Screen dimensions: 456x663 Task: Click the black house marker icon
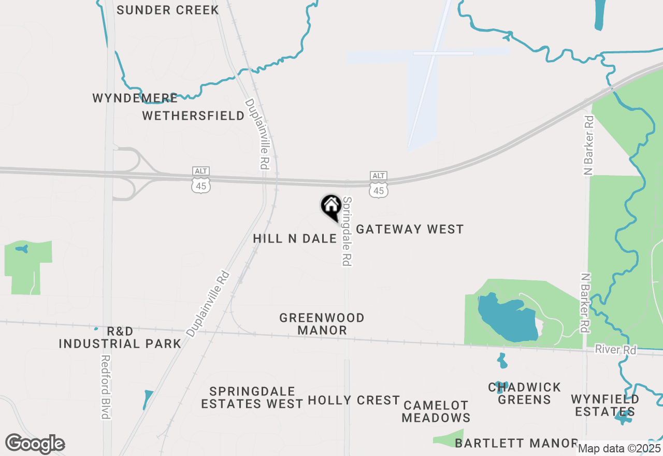(330, 207)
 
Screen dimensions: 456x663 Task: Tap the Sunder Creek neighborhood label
(168, 10)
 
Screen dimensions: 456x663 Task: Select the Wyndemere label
(135, 98)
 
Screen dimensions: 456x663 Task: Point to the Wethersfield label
(193, 116)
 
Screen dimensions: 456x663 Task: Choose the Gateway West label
(410, 229)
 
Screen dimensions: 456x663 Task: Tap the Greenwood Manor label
(322, 324)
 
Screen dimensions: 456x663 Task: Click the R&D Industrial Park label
(120, 337)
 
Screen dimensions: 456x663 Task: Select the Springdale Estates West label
(252, 397)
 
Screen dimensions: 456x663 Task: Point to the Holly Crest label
(354, 400)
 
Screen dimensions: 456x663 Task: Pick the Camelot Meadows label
(436, 411)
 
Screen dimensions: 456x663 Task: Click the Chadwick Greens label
(524, 393)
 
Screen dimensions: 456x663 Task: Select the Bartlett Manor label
(516, 443)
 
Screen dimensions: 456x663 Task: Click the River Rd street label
(615, 350)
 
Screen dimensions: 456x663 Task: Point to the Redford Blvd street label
(106, 387)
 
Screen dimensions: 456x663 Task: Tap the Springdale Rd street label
(347, 231)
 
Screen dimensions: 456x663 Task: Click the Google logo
(35, 444)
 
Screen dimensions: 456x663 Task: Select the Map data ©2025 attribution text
(619, 448)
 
